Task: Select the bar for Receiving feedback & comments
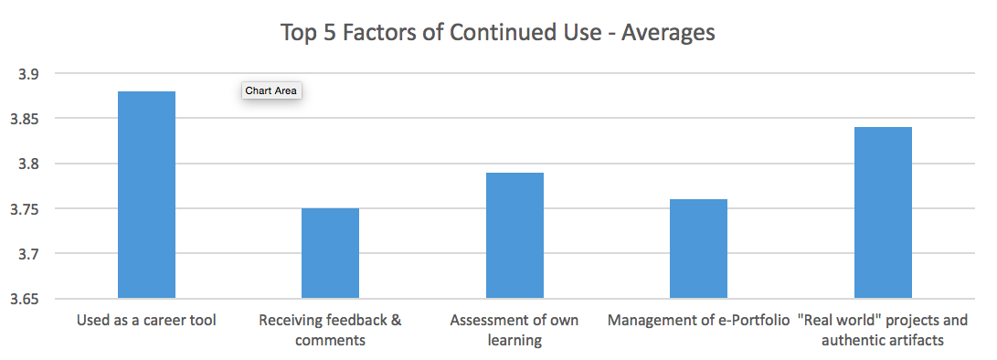pyautogui.click(x=330, y=253)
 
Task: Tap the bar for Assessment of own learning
pyautogui.click(x=514, y=236)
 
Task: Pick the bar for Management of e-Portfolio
pyautogui.click(x=698, y=249)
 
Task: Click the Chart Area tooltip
pyautogui.click(x=271, y=90)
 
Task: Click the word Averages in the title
pyautogui.click(x=668, y=33)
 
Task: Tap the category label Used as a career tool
pyautogui.click(x=146, y=321)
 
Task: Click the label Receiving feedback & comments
pyautogui.click(x=330, y=330)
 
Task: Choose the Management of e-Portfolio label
pyautogui.click(x=698, y=321)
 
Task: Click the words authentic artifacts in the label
pyautogui.click(x=882, y=341)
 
